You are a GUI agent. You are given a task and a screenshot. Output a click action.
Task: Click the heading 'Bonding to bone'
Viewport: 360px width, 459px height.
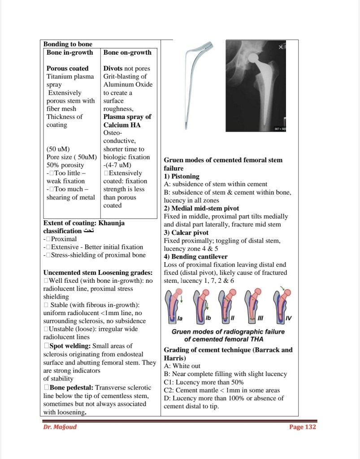68,44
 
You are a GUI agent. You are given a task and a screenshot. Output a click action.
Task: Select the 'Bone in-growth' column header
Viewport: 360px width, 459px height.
70,52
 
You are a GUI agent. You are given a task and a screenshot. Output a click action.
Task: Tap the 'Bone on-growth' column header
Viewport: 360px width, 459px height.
127,52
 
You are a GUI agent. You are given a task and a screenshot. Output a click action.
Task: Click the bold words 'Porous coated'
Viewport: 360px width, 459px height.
68,69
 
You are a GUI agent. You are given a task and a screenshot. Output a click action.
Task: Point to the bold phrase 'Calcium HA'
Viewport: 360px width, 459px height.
122,125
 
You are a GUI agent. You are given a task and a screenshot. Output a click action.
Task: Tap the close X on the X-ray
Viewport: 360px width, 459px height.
281,47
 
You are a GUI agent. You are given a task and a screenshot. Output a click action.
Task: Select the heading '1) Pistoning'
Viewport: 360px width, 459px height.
182,176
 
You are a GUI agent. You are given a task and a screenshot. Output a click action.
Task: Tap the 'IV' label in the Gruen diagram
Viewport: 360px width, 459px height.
289,318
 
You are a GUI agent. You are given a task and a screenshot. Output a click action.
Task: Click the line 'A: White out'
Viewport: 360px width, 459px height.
182,366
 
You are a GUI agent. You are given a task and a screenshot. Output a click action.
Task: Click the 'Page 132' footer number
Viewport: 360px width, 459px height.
303,427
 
